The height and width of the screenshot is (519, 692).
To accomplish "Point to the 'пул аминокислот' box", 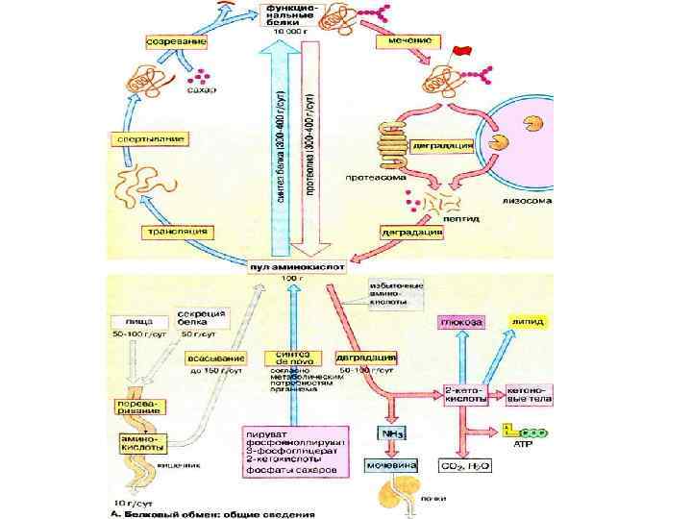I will [x=295, y=263].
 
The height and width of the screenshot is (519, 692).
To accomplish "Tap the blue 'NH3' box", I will [x=391, y=434].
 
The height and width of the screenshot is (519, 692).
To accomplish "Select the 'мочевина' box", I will [x=389, y=465].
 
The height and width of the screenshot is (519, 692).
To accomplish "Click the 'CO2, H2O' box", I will [x=464, y=465].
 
